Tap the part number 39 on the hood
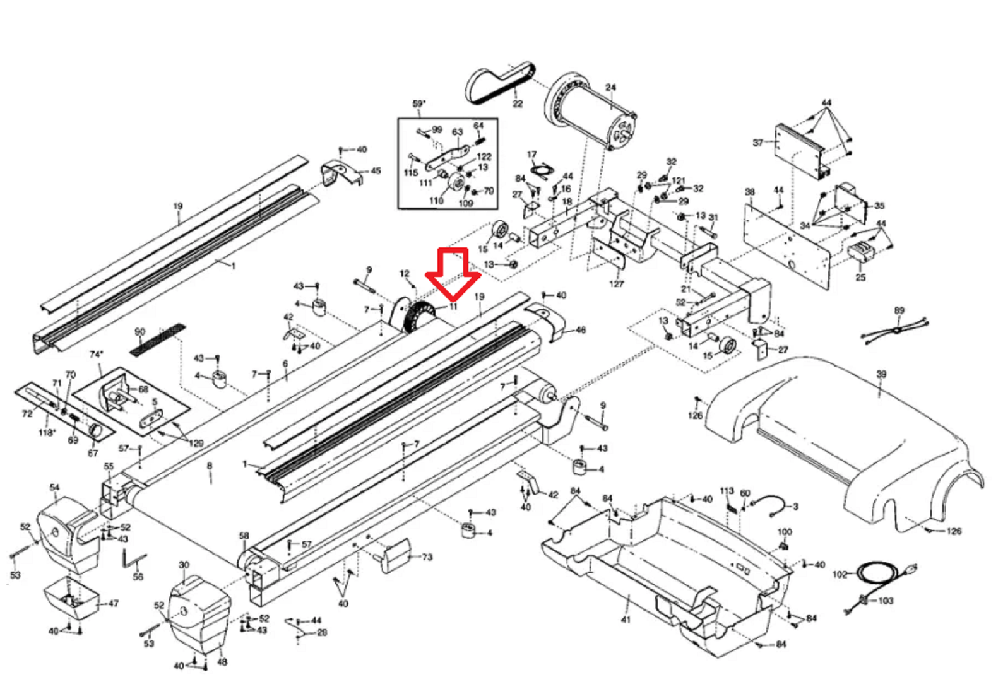click(881, 374)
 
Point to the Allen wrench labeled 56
click(133, 561)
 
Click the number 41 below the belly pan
click(626, 620)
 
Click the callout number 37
click(758, 143)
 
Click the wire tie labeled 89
click(896, 330)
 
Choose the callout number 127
click(616, 284)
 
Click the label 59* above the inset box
click(418, 104)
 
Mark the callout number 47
click(113, 604)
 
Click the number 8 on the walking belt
click(210, 466)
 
